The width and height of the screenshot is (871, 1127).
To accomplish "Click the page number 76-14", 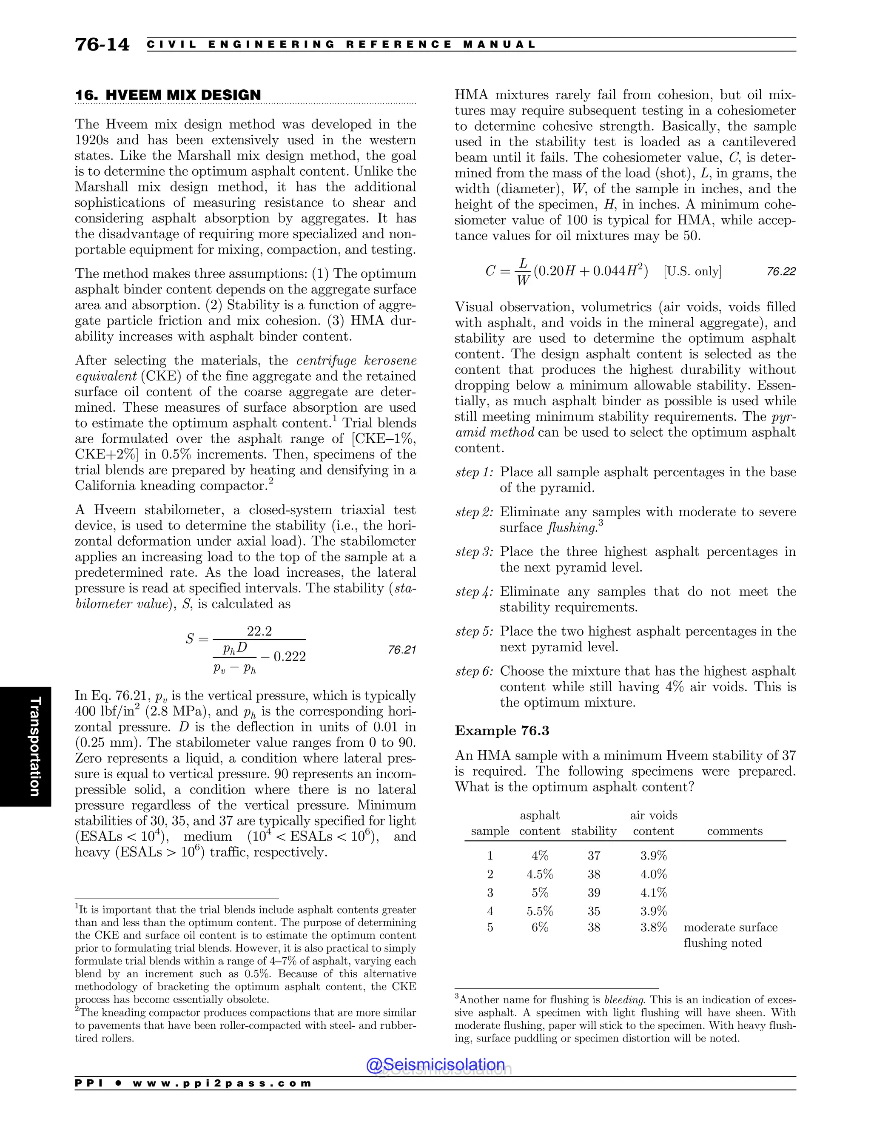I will click(x=102, y=44).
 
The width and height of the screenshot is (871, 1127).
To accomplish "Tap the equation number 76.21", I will click(x=401, y=650).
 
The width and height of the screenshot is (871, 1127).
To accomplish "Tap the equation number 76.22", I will click(x=781, y=271).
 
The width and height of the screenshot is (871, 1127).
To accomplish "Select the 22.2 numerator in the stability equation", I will click(x=259, y=631).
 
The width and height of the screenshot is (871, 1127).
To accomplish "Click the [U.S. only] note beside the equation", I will click(x=692, y=271).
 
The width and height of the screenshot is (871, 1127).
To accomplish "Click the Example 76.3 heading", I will click(x=501, y=731).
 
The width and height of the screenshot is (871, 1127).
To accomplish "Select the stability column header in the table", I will click(x=593, y=831).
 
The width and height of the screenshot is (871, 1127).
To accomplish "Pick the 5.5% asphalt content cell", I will click(x=539, y=911).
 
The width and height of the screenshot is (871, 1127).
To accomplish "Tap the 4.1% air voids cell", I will click(x=653, y=892).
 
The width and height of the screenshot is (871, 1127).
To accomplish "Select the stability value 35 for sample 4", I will click(x=593, y=911).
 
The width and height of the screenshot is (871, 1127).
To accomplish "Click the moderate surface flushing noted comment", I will click(x=730, y=935).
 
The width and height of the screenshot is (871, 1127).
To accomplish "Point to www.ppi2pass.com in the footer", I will click(x=222, y=1083).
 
